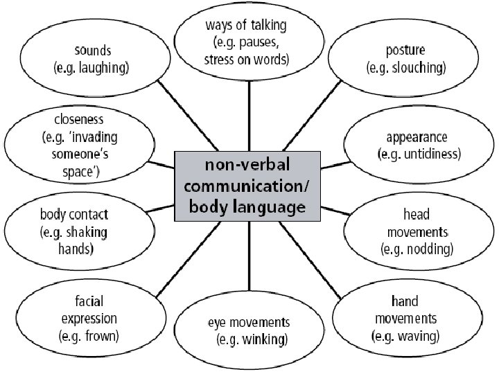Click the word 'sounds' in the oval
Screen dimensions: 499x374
click(92, 51)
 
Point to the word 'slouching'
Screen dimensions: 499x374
click(419, 68)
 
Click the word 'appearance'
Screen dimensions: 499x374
click(417, 136)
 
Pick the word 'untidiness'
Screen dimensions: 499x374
click(430, 154)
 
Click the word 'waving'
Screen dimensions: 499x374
click(416, 337)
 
